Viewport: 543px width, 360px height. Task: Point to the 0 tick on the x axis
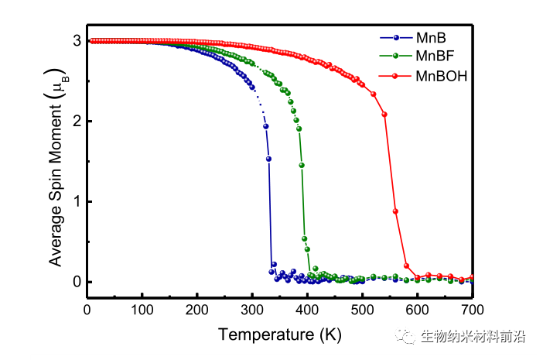87,310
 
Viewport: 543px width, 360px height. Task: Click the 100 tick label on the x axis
142,310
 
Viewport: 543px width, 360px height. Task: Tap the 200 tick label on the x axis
197,310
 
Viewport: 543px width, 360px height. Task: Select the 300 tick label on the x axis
252,310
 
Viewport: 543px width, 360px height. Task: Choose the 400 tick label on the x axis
307,310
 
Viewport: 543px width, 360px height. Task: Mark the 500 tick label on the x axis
362,310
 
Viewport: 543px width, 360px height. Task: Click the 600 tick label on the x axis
418,310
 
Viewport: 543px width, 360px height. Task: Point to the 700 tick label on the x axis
473,310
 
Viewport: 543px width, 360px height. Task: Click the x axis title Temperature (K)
279,334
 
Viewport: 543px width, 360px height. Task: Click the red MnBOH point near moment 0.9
395,211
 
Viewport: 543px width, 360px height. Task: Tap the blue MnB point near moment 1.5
268,159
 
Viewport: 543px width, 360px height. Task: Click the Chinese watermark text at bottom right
472,337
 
